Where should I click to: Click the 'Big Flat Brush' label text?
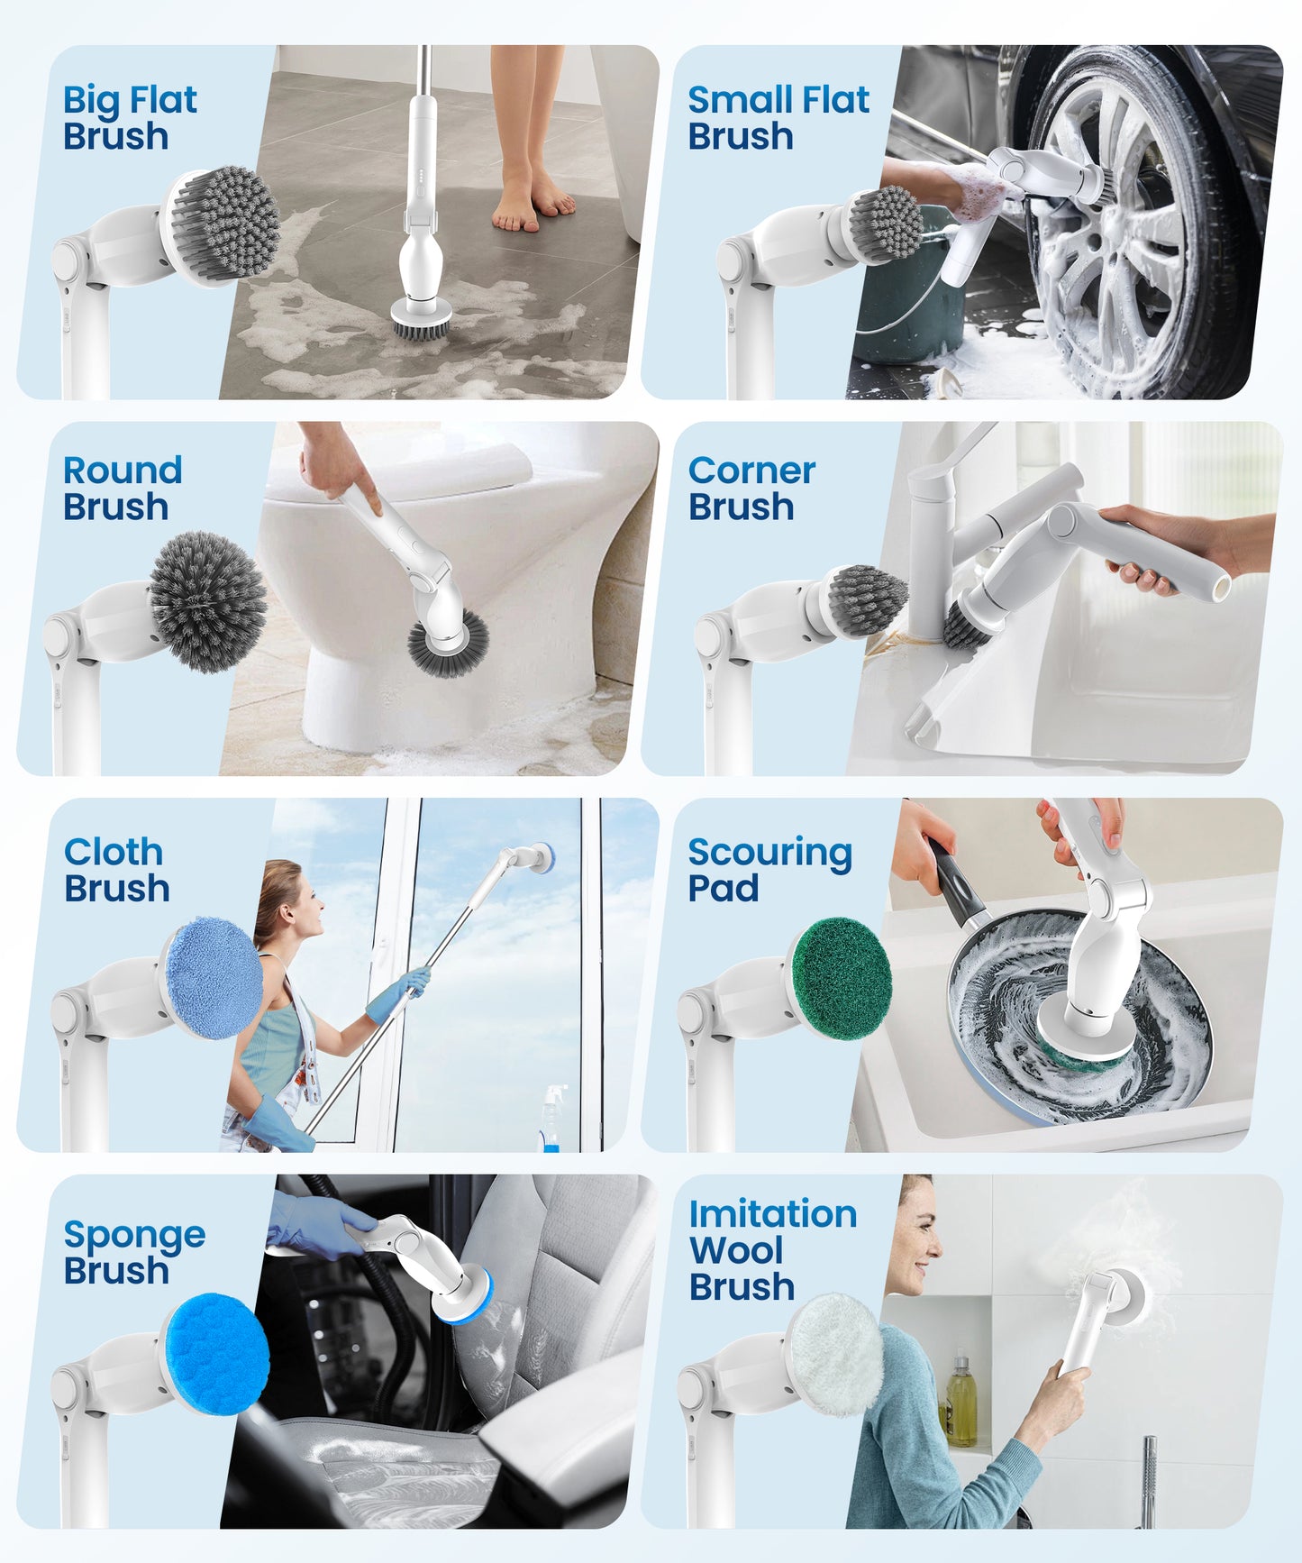pyautogui.click(x=129, y=118)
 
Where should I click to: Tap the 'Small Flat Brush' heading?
pyautogui.click(x=778, y=118)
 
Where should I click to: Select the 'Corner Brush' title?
pyautogui.click(x=751, y=489)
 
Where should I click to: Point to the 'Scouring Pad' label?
pyautogui.click(x=769, y=869)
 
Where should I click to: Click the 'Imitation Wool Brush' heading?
pyautogui.click(x=772, y=1250)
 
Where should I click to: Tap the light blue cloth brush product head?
pyautogui.click(x=214, y=978)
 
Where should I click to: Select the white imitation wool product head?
pyautogui.click(x=835, y=1355)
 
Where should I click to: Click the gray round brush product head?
pyautogui.click(x=208, y=601)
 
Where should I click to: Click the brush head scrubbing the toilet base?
pyautogui.click(x=448, y=644)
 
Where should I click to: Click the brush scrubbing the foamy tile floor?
pyautogui.click(x=421, y=321)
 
